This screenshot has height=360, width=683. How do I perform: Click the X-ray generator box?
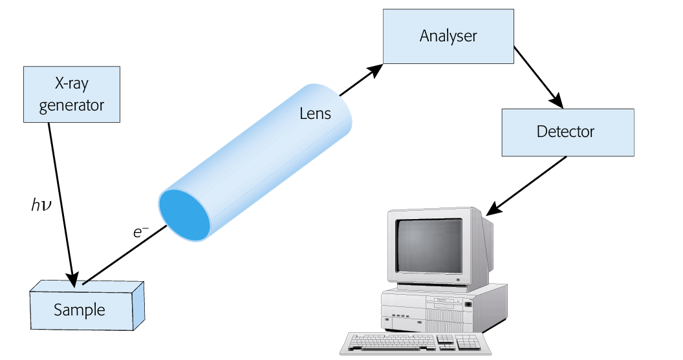[72, 94]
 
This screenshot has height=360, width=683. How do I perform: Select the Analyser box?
[448, 36]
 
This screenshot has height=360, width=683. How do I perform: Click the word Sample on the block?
[80, 310]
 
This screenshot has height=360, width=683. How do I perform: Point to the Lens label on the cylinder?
[315, 114]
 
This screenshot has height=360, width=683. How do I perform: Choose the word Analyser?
[448, 36]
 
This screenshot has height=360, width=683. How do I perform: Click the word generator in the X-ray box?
[72, 105]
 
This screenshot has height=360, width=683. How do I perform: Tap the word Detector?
[565, 131]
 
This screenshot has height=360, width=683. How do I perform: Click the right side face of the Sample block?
[138, 303]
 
